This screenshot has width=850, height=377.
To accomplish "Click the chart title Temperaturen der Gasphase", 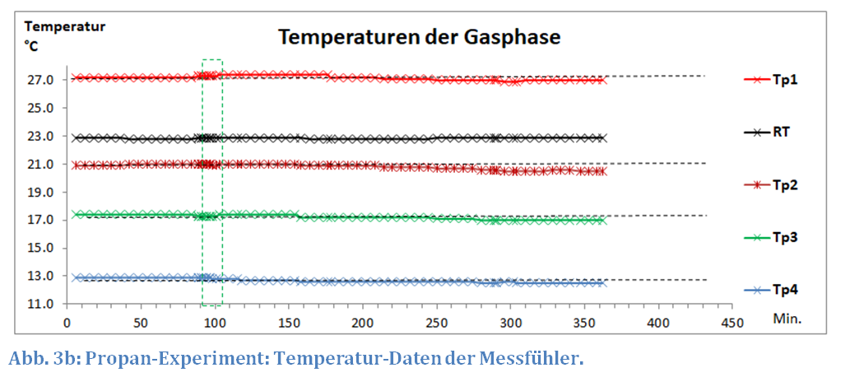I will (419, 37).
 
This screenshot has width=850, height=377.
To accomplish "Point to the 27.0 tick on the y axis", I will (39, 81).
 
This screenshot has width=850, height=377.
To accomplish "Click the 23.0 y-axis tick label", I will (39, 137).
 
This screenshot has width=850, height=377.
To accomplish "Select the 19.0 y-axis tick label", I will (39, 193).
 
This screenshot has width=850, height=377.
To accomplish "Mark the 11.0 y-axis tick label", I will (39, 304).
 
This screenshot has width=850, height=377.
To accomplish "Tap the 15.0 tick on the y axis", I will (39, 249).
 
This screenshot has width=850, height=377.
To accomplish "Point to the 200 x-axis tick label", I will (362, 320).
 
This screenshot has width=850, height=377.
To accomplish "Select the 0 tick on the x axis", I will (67, 320).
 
